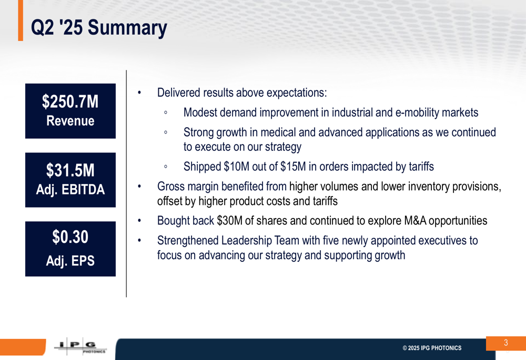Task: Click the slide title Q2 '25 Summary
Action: click(x=99, y=28)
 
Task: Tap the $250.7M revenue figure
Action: click(x=70, y=101)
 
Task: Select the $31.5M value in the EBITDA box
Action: click(x=70, y=170)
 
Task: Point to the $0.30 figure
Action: click(x=70, y=237)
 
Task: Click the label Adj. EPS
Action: click(x=70, y=261)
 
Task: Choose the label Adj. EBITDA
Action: click(x=70, y=190)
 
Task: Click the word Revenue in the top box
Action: click(x=70, y=121)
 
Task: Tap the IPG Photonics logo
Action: click(x=80, y=346)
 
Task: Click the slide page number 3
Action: click(x=506, y=343)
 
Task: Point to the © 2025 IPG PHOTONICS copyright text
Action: click(x=432, y=348)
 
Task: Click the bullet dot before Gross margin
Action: click(x=139, y=187)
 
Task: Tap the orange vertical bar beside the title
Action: click(x=21, y=20)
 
